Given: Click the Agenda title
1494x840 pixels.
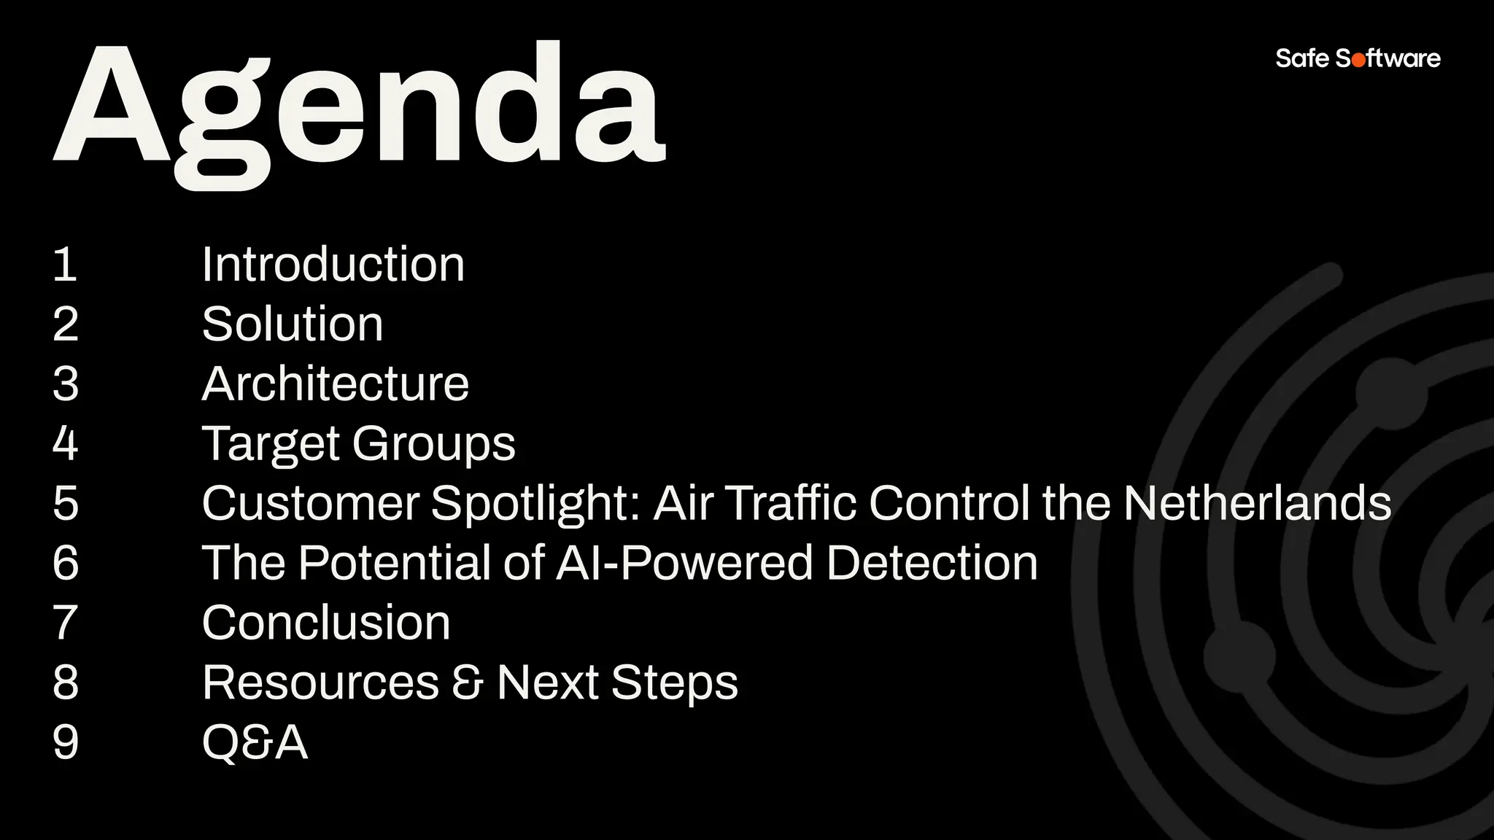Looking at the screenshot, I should pos(359,109).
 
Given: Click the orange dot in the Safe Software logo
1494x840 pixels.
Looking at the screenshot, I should pos(1358,60).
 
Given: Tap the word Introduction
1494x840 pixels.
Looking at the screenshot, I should pos(333,264).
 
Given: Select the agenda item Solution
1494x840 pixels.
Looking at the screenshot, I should pos(292,324).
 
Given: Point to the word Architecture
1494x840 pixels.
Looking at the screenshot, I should pos(335,384).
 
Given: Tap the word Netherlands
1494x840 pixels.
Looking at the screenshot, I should pos(1257,503).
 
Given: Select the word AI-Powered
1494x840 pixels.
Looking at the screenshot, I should pos(684,563).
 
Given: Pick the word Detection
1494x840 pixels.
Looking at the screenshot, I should pos(932,563).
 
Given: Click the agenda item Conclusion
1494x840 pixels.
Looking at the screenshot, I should pos(325,623).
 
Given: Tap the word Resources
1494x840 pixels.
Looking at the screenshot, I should pos(320,682).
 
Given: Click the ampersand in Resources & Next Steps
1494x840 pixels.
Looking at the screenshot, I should pos(468,683).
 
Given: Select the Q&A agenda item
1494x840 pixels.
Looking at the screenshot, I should pos(254,742).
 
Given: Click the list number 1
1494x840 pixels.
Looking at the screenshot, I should pos(65,264).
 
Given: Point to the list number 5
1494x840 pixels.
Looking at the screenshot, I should pos(65,503).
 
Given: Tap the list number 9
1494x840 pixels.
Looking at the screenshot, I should pos(65,742).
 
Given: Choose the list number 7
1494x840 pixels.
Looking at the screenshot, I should pos(65,623).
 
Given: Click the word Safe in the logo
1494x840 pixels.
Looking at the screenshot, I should pos(1302,58).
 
